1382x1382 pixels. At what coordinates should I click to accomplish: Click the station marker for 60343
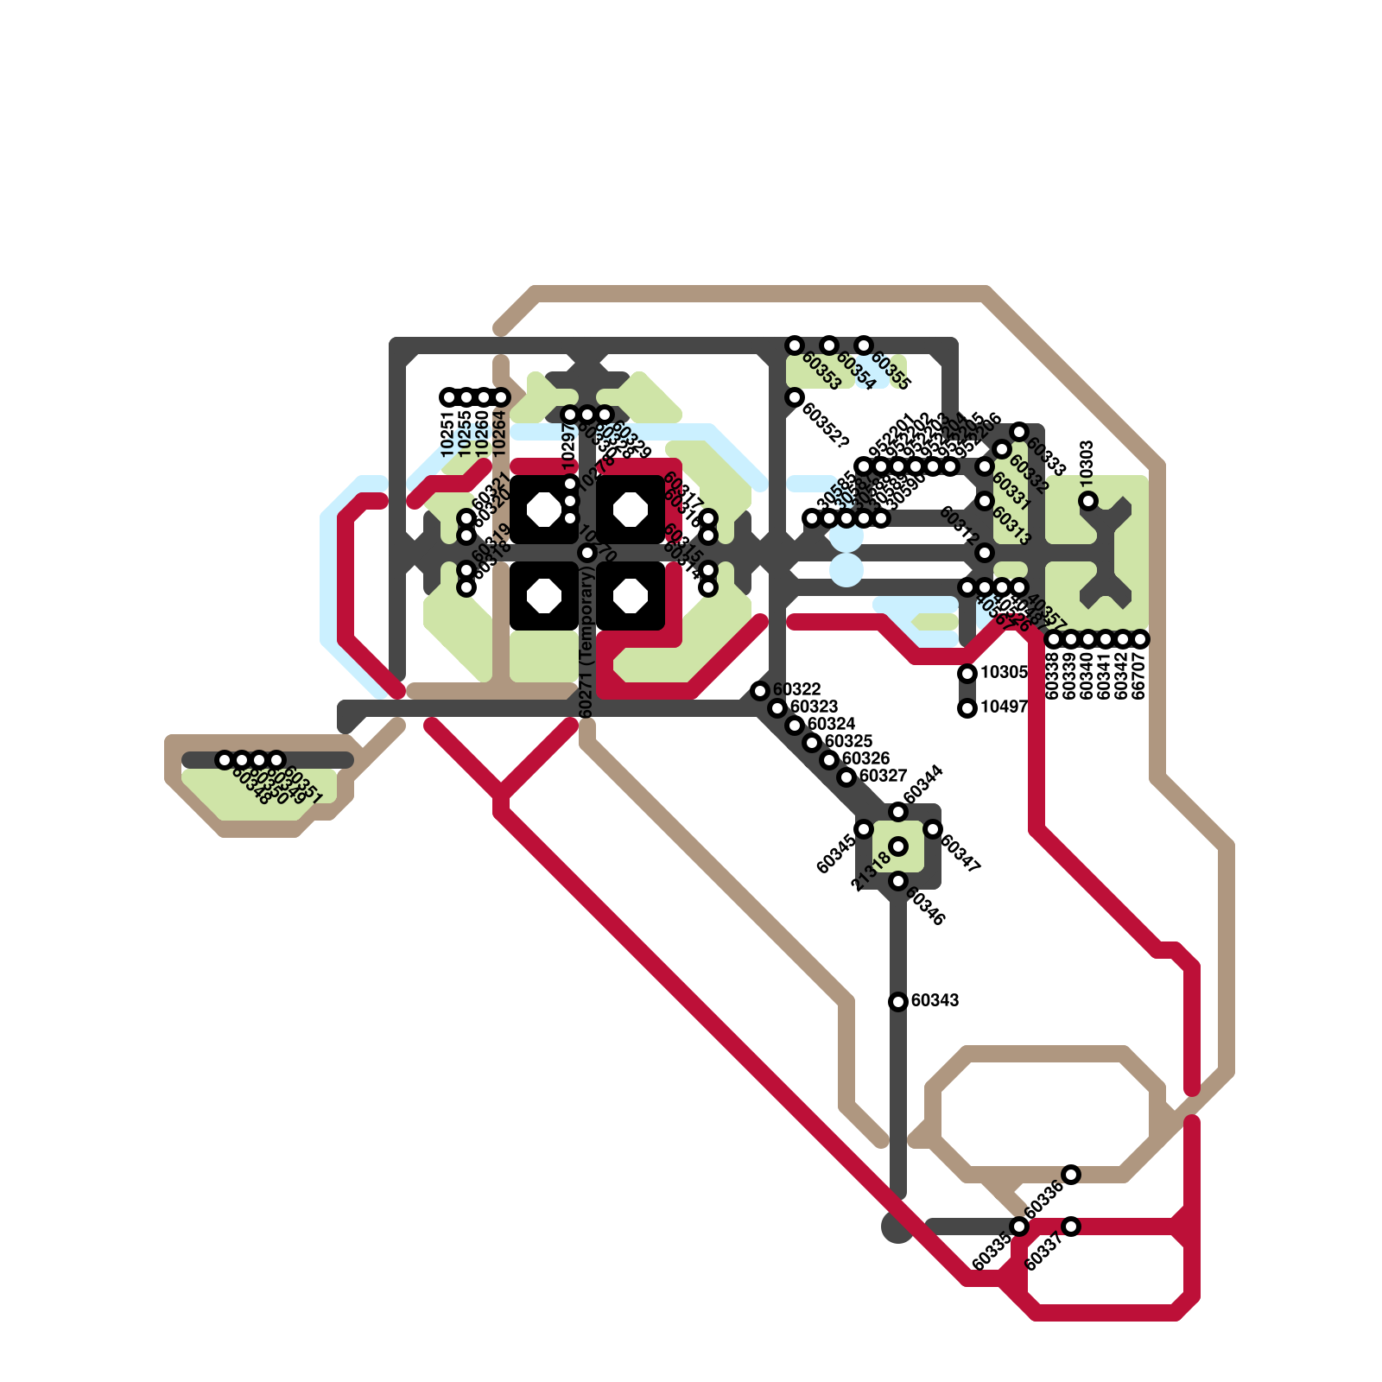tap(898, 1002)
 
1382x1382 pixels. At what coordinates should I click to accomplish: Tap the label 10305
tap(1004, 672)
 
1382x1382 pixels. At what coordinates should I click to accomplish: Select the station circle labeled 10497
tap(967, 708)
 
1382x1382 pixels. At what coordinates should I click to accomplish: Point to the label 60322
tap(796, 689)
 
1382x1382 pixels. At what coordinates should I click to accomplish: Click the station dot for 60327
tap(846, 777)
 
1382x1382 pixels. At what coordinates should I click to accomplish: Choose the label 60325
tap(848, 741)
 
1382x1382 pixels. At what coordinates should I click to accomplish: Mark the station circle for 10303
tap(1088, 501)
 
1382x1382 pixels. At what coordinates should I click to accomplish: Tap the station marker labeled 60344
tap(898, 812)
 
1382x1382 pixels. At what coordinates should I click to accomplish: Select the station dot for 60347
tap(933, 829)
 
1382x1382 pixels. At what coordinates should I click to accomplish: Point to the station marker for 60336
tap(1071, 1174)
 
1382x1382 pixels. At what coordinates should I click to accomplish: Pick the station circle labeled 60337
tap(1071, 1227)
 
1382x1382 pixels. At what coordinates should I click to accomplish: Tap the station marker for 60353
tap(795, 345)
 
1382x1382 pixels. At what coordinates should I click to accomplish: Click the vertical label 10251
tap(447, 434)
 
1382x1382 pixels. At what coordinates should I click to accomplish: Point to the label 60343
tap(935, 1000)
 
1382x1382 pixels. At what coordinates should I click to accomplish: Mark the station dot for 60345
tap(864, 829)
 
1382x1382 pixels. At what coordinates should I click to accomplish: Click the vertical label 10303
tap(1087, 460)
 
